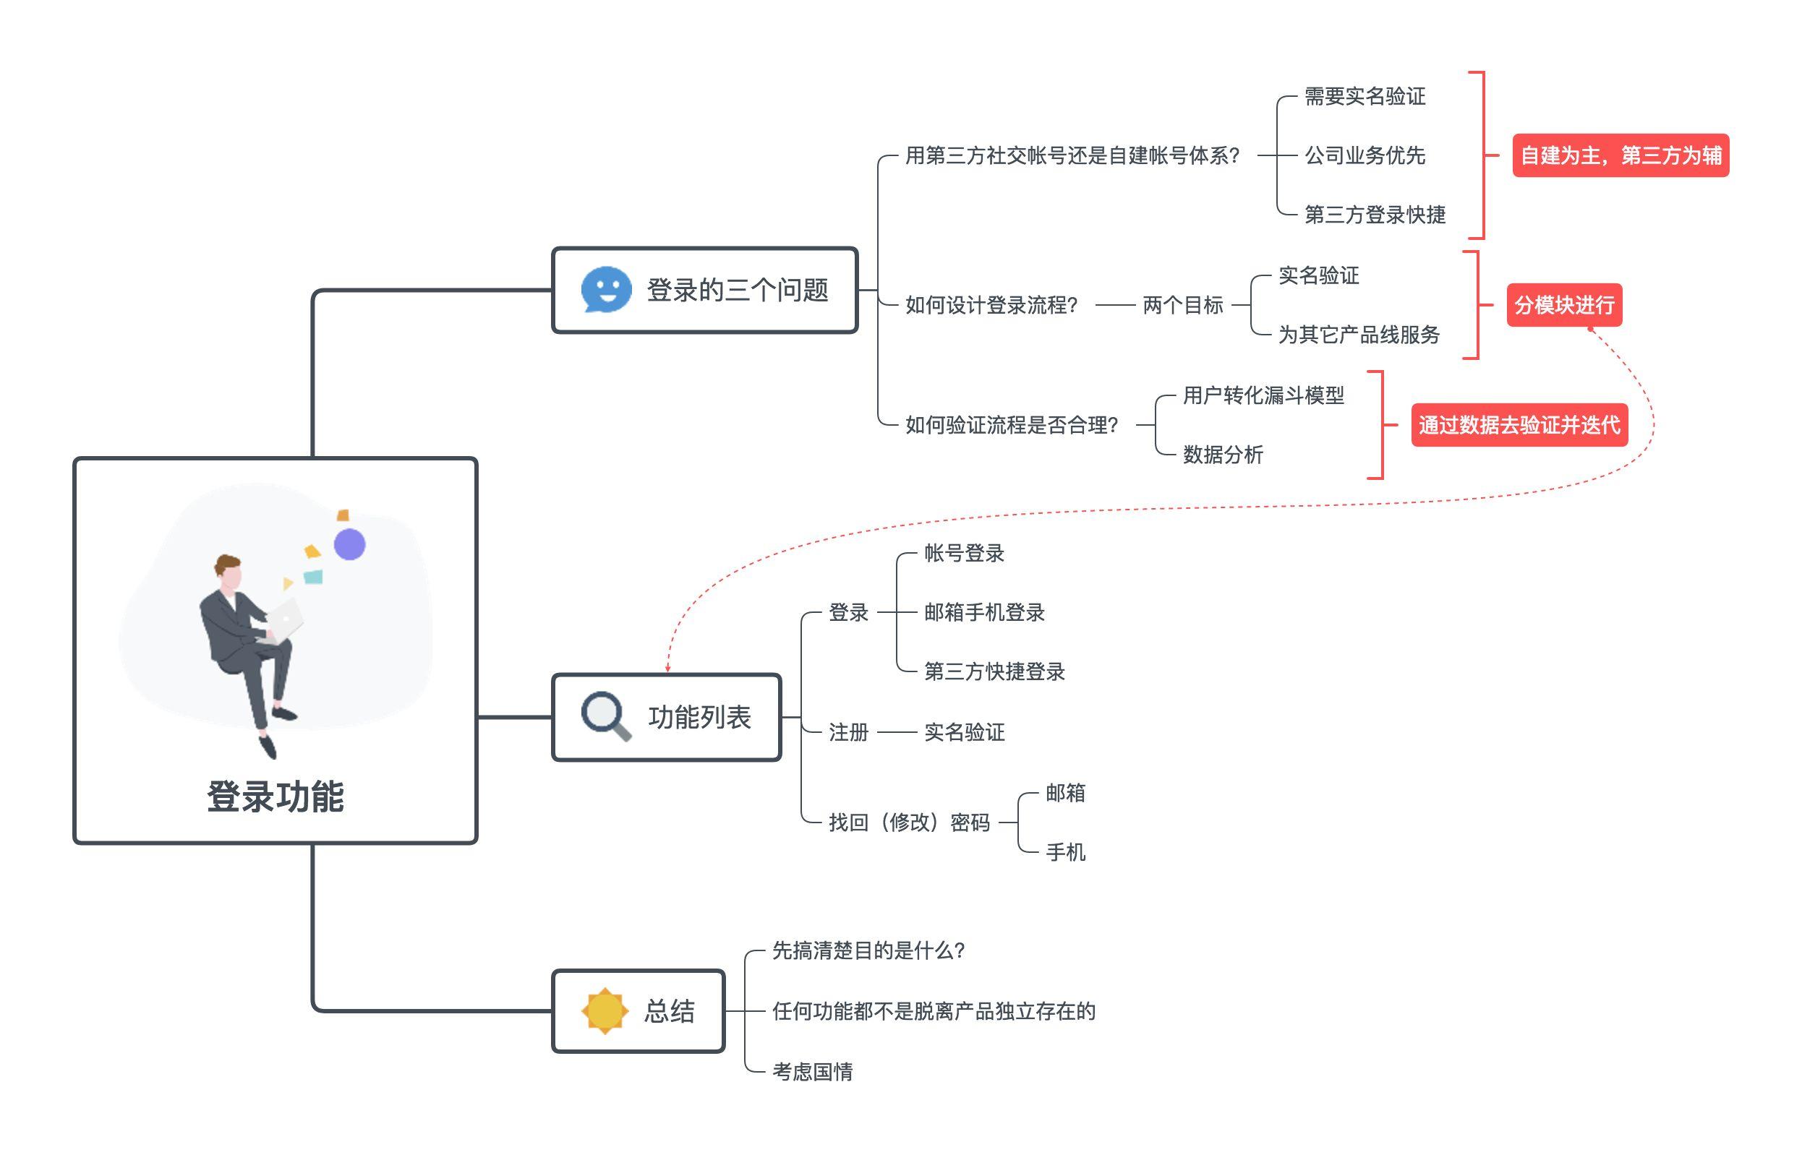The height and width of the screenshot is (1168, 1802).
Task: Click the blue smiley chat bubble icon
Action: (x=606, y=289)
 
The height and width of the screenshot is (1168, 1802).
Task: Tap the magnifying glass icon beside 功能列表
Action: (x=605, y=716)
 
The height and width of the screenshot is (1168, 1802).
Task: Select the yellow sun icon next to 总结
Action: (x=605, y=1010)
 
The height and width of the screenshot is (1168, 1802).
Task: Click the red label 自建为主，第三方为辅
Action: (x=1620, y=155)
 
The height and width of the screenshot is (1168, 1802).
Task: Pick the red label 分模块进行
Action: (x=1563, y=305)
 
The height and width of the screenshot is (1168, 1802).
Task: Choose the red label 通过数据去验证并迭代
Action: (x=1519, y=425)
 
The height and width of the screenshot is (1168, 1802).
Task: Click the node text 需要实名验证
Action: (x=1365, y=96)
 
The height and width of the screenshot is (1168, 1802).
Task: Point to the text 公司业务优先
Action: (x=1365, y=155)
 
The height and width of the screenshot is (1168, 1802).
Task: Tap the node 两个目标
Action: (x=1183, y=305)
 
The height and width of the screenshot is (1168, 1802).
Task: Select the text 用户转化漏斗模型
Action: (x=1263, y=395)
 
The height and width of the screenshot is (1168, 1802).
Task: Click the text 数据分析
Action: (x=1223, y=454)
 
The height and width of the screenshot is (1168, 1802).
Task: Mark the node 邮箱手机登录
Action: (x=983, y=611)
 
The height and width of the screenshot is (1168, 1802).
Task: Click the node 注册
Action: (x=848, y=732)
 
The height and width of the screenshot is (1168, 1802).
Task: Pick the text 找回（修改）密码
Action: (x=908, y=822)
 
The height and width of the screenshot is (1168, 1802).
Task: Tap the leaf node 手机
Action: (x=1065, y=851)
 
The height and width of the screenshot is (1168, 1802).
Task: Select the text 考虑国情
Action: (x=811, y=1071)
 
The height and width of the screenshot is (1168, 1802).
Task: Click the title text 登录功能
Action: (x=276, y=796)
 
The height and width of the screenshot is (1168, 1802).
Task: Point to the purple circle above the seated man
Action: (x=349, y=544)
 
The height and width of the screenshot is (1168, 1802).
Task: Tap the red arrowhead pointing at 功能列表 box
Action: (x=667, y=669)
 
